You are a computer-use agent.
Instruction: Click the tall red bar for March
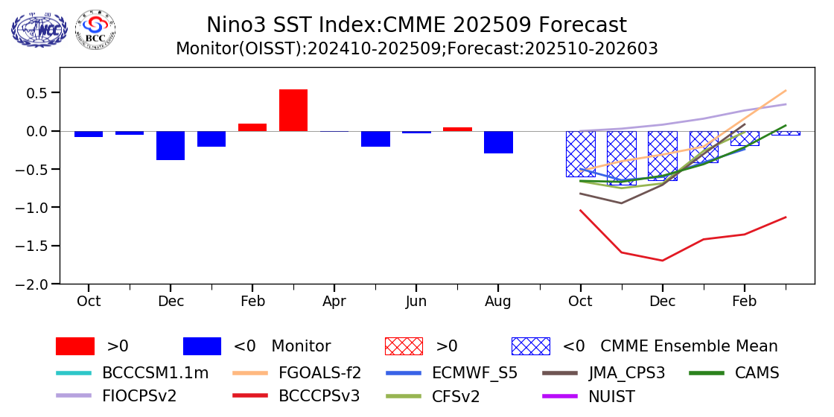(x=293, y=110)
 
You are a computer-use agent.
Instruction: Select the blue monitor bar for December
(x=171, y=145)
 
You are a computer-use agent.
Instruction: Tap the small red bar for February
(x=252, y=127)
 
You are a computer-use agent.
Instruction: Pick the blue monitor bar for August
(x=498, y=142)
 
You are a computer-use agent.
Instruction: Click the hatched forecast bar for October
(x=580, y=153)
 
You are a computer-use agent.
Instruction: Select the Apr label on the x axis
(x=334, y=302)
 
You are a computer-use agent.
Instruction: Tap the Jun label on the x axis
(x=416, y=302)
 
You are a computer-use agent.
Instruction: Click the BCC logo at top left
(x=95, y=29)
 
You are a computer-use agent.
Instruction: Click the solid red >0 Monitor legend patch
(x=75, y=346)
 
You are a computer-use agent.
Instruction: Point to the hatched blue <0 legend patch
(x=530, y=346)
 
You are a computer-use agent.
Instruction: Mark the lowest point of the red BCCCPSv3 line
(x=662, y=261)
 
